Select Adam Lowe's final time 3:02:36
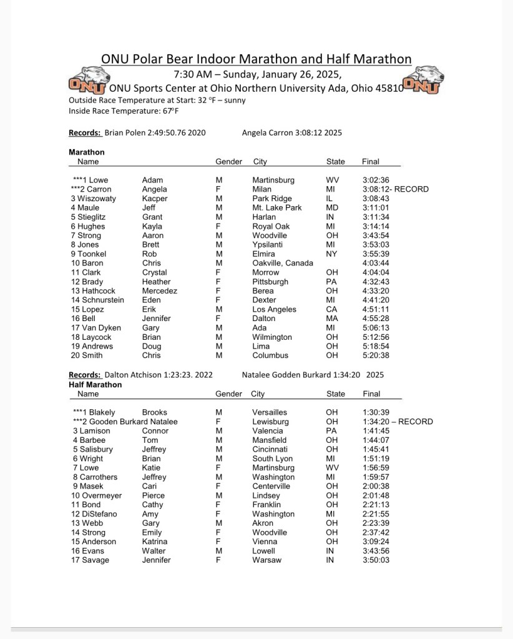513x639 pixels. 376,180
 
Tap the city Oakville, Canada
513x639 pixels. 283,263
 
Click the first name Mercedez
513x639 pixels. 160,290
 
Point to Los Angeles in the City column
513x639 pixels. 275,309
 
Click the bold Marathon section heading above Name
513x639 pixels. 87,152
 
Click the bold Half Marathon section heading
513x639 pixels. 95,385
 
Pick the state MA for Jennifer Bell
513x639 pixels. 333,319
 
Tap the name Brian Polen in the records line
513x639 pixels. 125,132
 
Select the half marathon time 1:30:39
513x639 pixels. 376,412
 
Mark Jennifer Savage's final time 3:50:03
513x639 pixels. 376,560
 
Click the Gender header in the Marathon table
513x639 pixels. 228,162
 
